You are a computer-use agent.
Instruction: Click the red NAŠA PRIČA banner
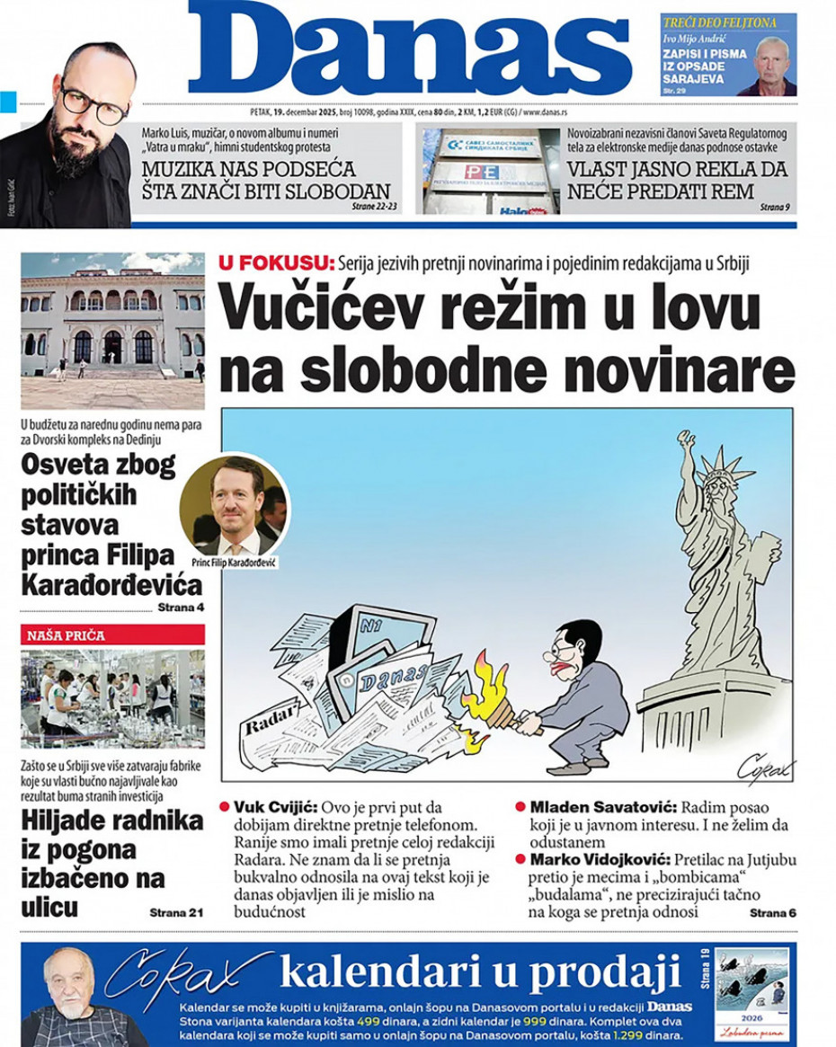112,635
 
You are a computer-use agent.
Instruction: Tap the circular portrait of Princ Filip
235,505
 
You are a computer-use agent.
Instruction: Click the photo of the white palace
112,330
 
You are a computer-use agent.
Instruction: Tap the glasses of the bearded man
93,104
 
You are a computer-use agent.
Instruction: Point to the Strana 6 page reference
773,913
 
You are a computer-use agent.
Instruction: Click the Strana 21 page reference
176,913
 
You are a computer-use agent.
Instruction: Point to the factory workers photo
112,698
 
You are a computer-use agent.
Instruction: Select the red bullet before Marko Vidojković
520,859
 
